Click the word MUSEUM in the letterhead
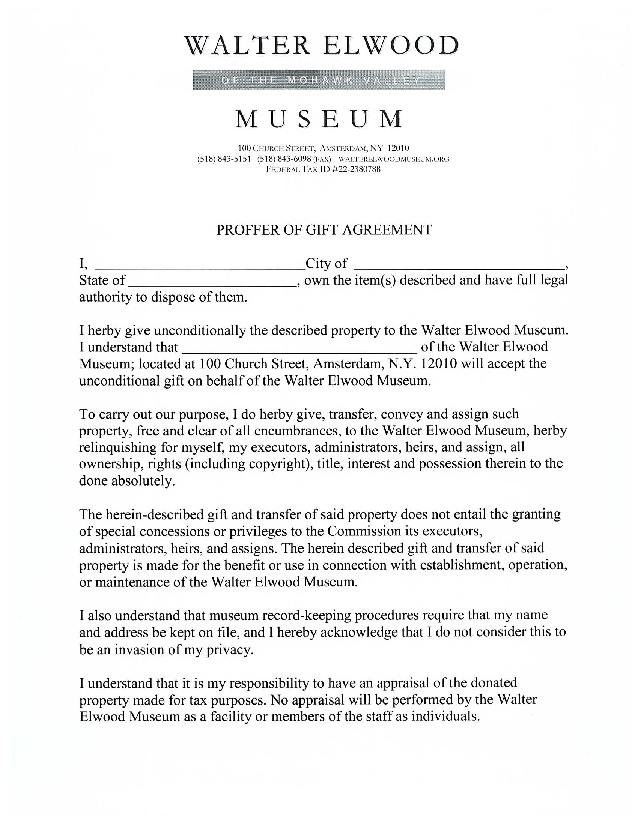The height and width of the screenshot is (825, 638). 319,119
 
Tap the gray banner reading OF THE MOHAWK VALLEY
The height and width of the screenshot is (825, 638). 319,80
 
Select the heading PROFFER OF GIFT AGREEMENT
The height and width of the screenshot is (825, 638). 324,229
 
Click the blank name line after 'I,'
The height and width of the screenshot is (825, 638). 200,265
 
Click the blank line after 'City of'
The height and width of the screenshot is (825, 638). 459,265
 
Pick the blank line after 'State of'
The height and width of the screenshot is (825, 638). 212,283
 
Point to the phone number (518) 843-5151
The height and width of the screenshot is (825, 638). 224,159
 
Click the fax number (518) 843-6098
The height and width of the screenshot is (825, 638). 284,159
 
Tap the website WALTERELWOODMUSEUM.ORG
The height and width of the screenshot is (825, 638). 394,159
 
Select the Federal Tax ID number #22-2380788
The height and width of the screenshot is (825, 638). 356,169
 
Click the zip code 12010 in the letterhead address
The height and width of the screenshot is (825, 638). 398,148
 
